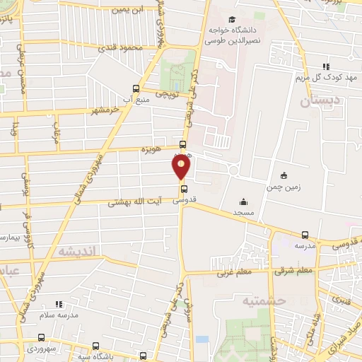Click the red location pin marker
pyautogui.click(x=182, y=167)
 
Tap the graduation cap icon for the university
pyautogui.click(x=233, y=20)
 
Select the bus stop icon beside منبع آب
pyautogui.click(x=136, y=89)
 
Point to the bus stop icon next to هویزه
pyautogui.click(x=183, y=145)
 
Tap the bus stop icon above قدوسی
pyautogui.click(x=185, y=189)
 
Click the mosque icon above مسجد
pyautogui.click(x=243, y=201)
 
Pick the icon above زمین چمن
pyautogui.click(x=284, y=175)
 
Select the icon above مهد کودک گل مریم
pyautogui.click(x=326, y=66)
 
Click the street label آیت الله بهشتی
pyautogui.click(x=135, y=202)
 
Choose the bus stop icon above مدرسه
pyautogui.click(x=305, y=235)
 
